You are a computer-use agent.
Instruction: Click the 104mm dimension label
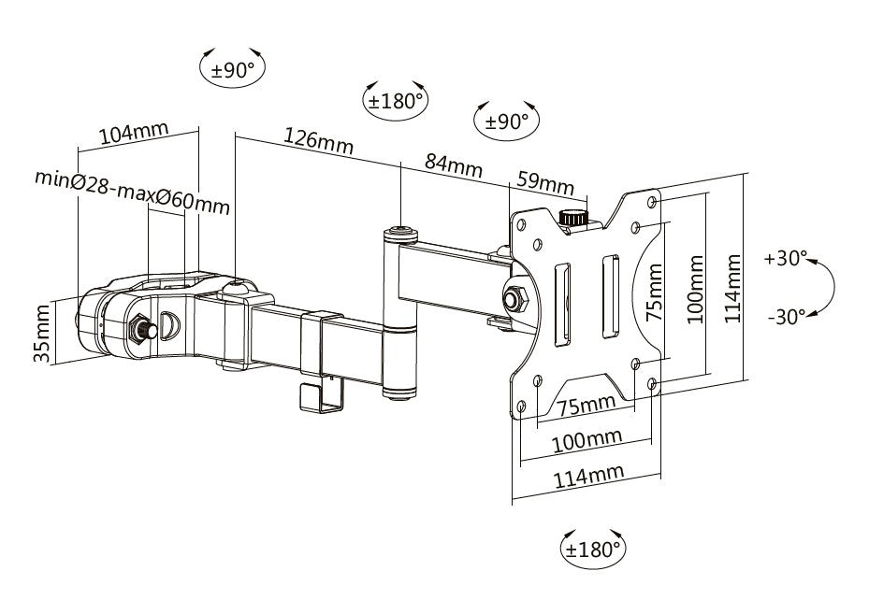pyautogui.click(x=133, y=133)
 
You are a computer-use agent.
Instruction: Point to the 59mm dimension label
pyautogui.click(x=545, y=180)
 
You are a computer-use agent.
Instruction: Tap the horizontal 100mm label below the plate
pyautogui.click(x=587, y=438)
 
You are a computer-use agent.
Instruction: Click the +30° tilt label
pyautogui.click(x=784, y=258)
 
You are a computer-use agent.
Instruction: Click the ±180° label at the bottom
pyautogui.click(x=593, y=549)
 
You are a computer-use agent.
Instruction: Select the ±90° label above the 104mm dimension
pyautogui.click(x=233, y=68)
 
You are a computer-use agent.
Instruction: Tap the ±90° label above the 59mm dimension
pyautogui.click(x=507, y=121)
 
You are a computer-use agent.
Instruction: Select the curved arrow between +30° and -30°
pyautogui.click(x=825, y=287)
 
